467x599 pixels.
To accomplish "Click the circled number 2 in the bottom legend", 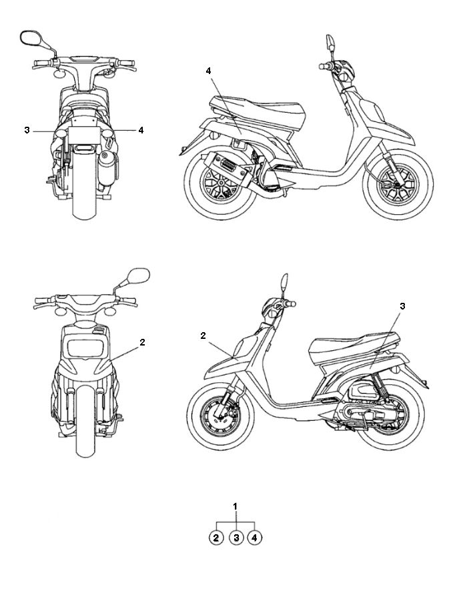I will (x=216, y=537).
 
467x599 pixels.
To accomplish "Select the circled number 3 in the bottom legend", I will (x=236, y=537).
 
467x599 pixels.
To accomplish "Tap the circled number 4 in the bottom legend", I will (x=254, y=537).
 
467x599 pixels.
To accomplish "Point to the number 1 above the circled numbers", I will (x=236, y=507).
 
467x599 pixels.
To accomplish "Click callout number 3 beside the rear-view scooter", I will (x=27, y=131).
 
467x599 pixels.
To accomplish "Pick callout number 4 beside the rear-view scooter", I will (x=141, y=131).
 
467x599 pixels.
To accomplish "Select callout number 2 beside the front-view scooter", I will (x=142, y=342).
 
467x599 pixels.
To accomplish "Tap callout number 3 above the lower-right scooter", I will (x=402, y=306).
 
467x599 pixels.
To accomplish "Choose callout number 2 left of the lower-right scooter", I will (x=203, y=336).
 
